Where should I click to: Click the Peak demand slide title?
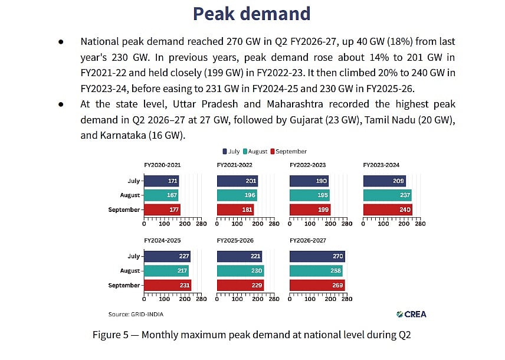(251, 14)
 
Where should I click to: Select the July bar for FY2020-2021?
(162, 181)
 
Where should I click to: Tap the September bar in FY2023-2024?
(388, 210)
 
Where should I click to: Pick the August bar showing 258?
(316, 271)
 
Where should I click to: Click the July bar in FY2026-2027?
(317, 256)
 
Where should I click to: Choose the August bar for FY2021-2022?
(237, 195)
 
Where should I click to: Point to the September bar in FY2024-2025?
(168, 285)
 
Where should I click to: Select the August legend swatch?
(245, 152)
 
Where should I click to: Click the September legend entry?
(288, 152)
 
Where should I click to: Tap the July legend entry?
(231, 152)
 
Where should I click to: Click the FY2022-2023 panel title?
(307, 165)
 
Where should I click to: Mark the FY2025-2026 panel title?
(235, 240)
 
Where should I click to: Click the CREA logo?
(411, 314)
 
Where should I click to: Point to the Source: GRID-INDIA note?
(136, 314)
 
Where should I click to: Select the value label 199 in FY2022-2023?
(323, 210)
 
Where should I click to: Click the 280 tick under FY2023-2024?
(420, 224)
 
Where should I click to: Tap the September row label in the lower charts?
(124, 285)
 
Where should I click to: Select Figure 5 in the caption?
(110, 335)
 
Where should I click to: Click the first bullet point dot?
(61, 42)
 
